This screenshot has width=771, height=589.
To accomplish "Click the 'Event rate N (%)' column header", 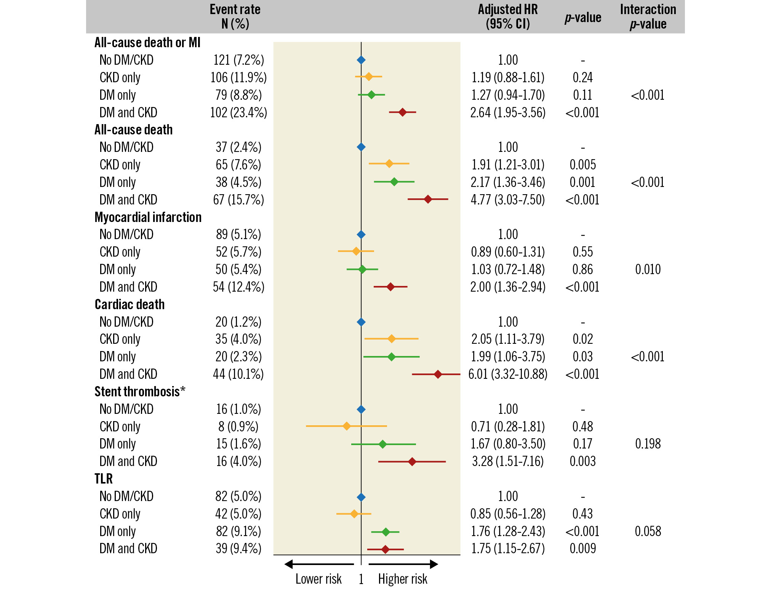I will [235, 16].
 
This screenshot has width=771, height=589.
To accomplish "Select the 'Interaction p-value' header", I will [648, 16].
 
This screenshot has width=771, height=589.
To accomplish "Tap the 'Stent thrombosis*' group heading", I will [140, 391].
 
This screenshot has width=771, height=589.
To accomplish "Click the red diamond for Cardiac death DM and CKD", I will [438, 374].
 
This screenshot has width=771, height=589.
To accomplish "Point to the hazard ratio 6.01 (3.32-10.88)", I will [508, 374].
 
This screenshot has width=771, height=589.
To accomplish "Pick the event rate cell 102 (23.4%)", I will [238, 113].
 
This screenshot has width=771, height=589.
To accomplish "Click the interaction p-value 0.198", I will [648, 444].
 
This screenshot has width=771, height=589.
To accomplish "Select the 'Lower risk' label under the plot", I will [318, 579].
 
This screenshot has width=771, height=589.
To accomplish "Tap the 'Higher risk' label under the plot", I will [403, 579].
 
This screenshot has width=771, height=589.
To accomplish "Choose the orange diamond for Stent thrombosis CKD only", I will [347, 426].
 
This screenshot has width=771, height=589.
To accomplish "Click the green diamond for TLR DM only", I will [385, 532].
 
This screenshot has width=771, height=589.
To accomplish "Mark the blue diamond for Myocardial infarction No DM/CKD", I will [361, 235].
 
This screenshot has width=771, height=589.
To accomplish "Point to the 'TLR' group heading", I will [104, 479].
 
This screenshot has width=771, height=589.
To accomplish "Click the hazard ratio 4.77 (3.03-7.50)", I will [508, 200].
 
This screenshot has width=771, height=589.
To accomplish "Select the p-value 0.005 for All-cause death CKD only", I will [583, 165].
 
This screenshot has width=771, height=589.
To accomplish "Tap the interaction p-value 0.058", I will [648, 532].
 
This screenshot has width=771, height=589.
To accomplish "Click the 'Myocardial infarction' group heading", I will [148, 217].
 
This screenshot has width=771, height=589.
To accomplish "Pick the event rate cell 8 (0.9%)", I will [238, 427].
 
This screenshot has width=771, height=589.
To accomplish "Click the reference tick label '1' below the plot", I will [361, 579].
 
